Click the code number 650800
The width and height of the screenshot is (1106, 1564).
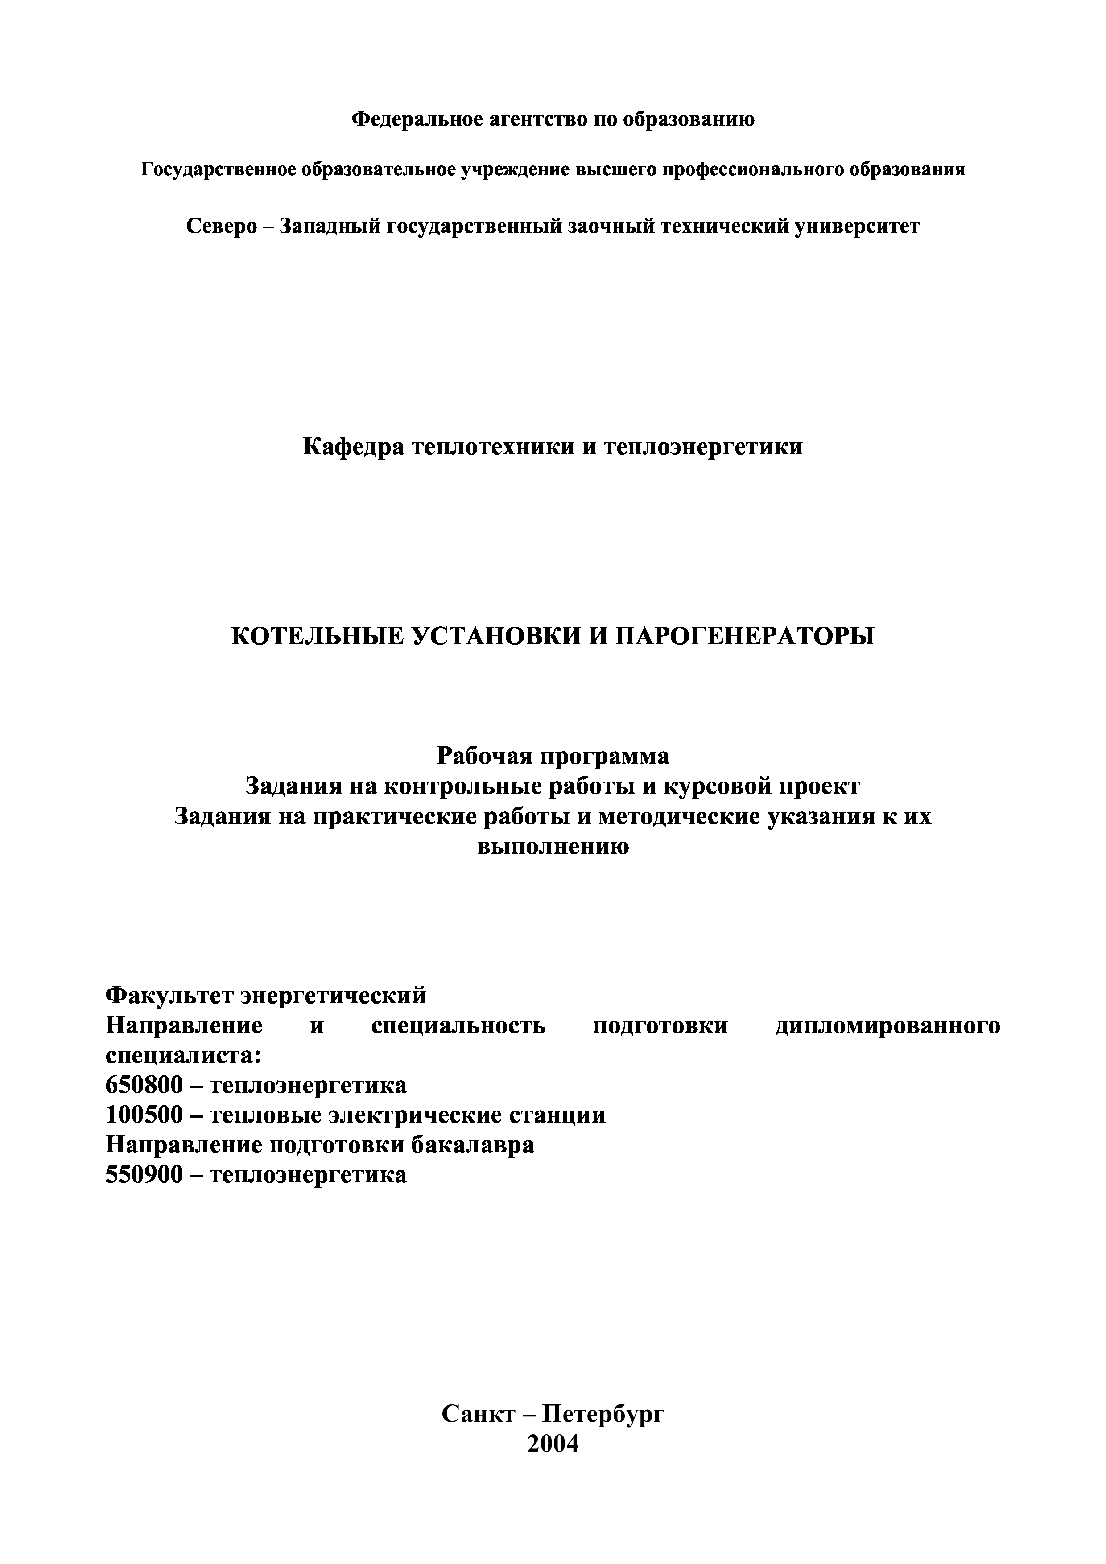144,1085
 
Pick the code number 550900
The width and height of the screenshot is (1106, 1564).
144,1175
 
